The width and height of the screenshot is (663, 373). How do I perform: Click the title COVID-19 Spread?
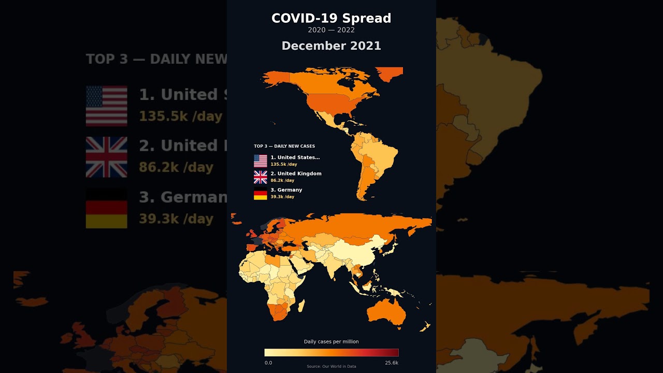331,18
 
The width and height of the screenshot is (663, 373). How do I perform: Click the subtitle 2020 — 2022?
331,30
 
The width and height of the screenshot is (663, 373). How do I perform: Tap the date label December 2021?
331,46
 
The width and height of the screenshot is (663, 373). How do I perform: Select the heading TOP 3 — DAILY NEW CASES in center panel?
284,146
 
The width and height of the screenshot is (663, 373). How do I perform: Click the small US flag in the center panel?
260,161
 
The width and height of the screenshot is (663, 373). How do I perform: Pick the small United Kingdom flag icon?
260,177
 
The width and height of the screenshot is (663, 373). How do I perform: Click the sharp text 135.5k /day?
283,164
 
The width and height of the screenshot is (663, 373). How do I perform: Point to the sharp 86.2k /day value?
282,180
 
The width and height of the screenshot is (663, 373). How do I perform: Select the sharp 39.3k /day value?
282,197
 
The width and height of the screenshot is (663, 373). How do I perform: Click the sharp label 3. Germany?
286,190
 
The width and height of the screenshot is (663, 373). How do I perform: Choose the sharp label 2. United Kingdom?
296,174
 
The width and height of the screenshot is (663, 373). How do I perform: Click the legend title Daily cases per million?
331,341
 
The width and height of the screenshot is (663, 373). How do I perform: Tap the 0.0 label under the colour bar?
268,363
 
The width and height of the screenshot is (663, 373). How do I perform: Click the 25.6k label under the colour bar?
392,363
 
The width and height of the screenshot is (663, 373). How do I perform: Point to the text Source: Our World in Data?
331,367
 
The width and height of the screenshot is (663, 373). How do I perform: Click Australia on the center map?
386,311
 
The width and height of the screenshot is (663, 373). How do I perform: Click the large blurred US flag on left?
106,106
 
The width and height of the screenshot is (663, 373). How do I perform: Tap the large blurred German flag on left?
106,208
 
